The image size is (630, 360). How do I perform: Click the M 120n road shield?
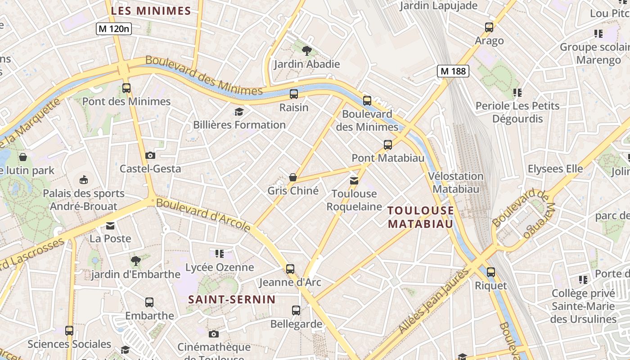pyautogui.click(x=114, y=29)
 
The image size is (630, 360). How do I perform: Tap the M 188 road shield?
pyautogui.click(x=453, y=71)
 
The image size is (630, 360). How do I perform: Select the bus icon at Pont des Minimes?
pyautogui.click(x=126, y=88)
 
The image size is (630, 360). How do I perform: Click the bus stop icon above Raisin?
pyautogui.click(x=294, y=94)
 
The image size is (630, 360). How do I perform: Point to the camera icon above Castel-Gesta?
pyautogui.click(x=150, y=156)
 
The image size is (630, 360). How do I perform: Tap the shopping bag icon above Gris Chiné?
pyautogui.click(x=293, y=177)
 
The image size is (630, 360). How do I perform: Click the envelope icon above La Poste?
pyautogui.click(x=110, y=225)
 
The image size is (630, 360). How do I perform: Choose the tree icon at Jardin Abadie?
pyautogui.click(x=307, y=51)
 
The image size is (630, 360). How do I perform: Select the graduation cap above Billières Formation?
pyautogui.click(x=239, y=112)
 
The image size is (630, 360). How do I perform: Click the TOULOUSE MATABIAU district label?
pyautogui.click(x=421, y=217)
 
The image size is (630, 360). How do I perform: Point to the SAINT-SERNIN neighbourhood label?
pyautogui.click(x=232, y=299)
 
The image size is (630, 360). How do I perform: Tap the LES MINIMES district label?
pyautogui.click(x=151, y=11)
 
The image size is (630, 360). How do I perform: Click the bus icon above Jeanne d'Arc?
pyautogui.click(x=290, y=269)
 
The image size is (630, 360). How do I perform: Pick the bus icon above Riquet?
pyautogui.click(x=491, y=272)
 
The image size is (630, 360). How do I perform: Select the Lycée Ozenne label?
pyautogui.click(x=220, y=267)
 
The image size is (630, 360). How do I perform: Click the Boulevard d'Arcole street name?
pyautogui.click(x=203, y=216)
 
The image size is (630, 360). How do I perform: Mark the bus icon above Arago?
pyautogui.click(x=489, y=27)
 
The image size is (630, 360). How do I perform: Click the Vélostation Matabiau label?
pyautogui.click(x=456, y=182)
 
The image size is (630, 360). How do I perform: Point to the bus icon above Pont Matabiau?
pyautogui.click(x=388, y=145)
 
